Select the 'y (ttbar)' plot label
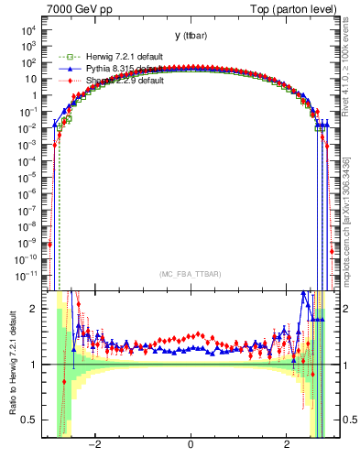click(x=190, y=36)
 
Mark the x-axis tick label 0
click(x=190, y=446)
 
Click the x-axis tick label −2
click(x=93, y=446)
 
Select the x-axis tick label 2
click(x=288, y=446)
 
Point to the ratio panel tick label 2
click(x=35, y=309)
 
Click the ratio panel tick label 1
click(x=35, y=365)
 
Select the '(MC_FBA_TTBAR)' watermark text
click(x=190, y=274)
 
